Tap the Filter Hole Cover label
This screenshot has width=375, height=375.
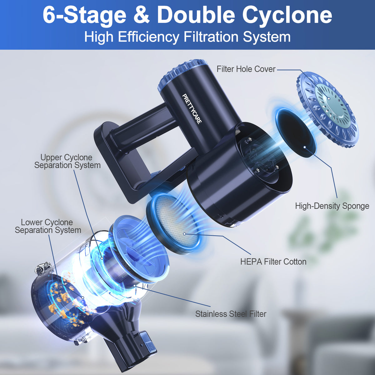pos(246,69)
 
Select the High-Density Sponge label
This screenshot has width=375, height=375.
pos(332,206)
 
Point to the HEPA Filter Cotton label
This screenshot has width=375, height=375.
pos(273,262)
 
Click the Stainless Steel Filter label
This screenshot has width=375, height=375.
pos(231,314)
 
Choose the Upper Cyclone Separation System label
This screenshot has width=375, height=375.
pos(67,161)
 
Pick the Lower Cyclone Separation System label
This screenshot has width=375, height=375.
pos(47,226)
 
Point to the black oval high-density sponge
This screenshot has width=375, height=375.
pos(295,131)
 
